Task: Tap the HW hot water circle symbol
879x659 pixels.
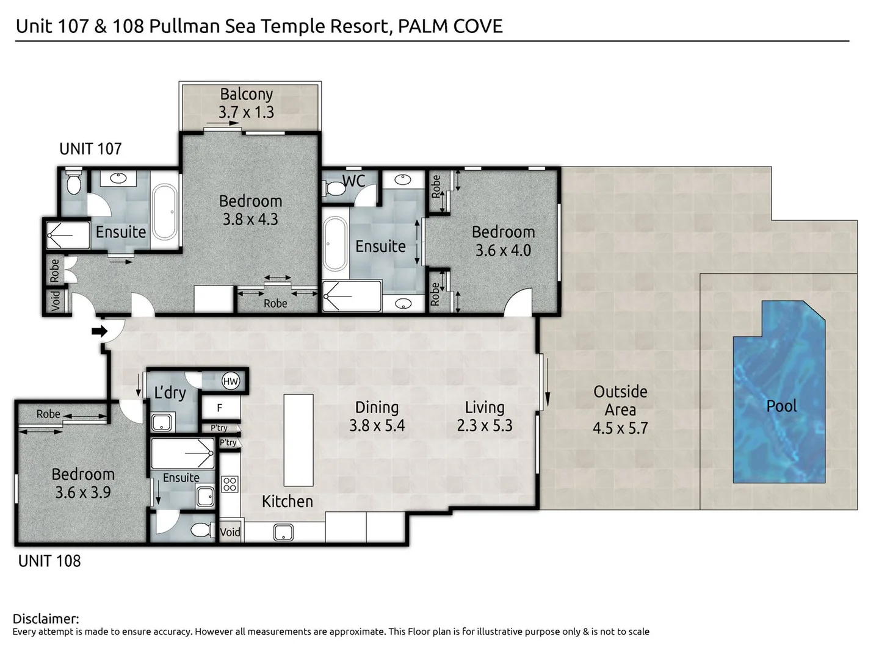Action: (230, 381)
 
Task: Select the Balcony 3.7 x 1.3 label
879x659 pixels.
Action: (246, 103)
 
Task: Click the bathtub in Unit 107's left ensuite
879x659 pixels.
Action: (165, 212)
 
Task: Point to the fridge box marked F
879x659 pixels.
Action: (220, 408)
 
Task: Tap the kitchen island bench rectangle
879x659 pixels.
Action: (298, 439)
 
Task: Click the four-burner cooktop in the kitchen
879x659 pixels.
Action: (230, 484)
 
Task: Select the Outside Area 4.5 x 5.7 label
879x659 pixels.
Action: (620, 409)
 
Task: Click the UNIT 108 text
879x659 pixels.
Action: (49, 561)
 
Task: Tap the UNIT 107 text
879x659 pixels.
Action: (90, 148)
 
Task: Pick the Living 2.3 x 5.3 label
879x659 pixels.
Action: (485, 416)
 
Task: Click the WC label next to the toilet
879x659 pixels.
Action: (353, 181)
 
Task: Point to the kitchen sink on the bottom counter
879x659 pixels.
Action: (283, 533)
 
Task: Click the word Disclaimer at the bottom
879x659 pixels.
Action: (46, 619)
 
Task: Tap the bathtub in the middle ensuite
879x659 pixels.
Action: (335, 244)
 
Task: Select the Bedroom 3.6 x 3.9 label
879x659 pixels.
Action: (83, 483)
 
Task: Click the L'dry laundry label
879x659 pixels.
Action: (170, 392)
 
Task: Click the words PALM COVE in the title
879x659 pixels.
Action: (450, 26)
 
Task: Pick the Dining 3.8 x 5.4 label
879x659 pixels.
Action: (377, 416)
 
